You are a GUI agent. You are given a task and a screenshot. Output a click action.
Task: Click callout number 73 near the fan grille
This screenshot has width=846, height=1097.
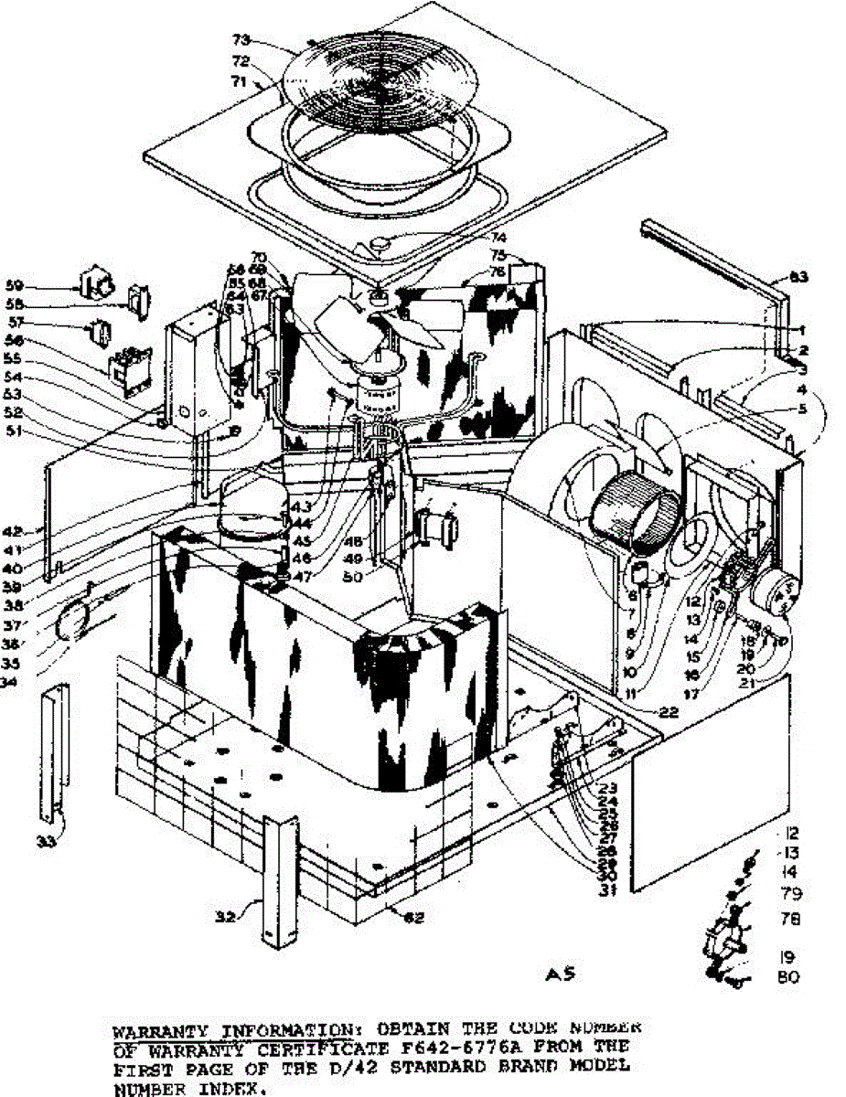(241, 40)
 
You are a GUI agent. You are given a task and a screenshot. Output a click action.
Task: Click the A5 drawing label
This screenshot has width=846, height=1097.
(563, 974)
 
